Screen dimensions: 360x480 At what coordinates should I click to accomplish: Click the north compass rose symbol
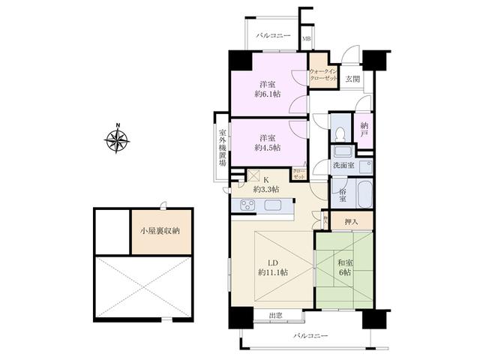tap(118, 139)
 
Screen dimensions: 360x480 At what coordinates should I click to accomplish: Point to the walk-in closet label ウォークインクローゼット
tap(324, 76)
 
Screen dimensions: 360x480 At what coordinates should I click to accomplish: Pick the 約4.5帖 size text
tap(266, 148)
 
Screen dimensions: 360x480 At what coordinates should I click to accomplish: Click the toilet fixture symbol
tap(340, 133)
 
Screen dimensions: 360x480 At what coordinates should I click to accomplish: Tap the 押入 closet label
tap(351, 221)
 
